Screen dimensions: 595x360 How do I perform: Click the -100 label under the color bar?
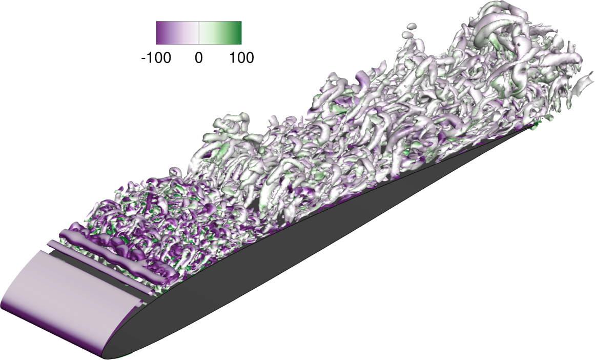[x=156, y=58]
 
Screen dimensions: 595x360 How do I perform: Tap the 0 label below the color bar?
[x=198, y=58]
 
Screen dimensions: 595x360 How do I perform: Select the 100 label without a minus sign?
[x=241, y=58]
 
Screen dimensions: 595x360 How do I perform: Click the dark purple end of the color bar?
[x=160, y=33]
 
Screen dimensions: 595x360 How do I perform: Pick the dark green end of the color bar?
[x=238, y=33]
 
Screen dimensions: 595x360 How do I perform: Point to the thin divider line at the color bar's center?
[x=199, y=33]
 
